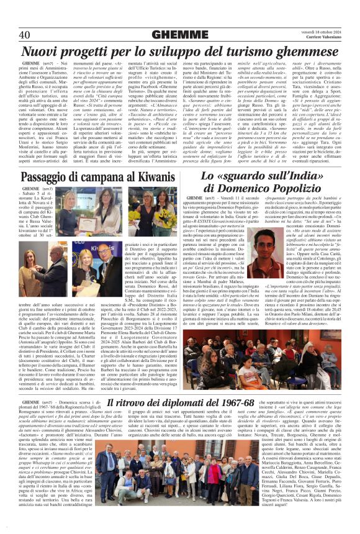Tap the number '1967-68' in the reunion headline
231,405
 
